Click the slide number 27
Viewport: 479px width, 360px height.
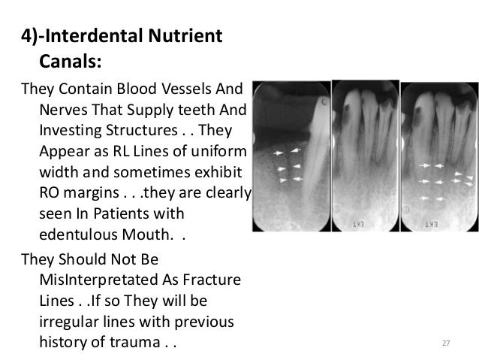[445, 344]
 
